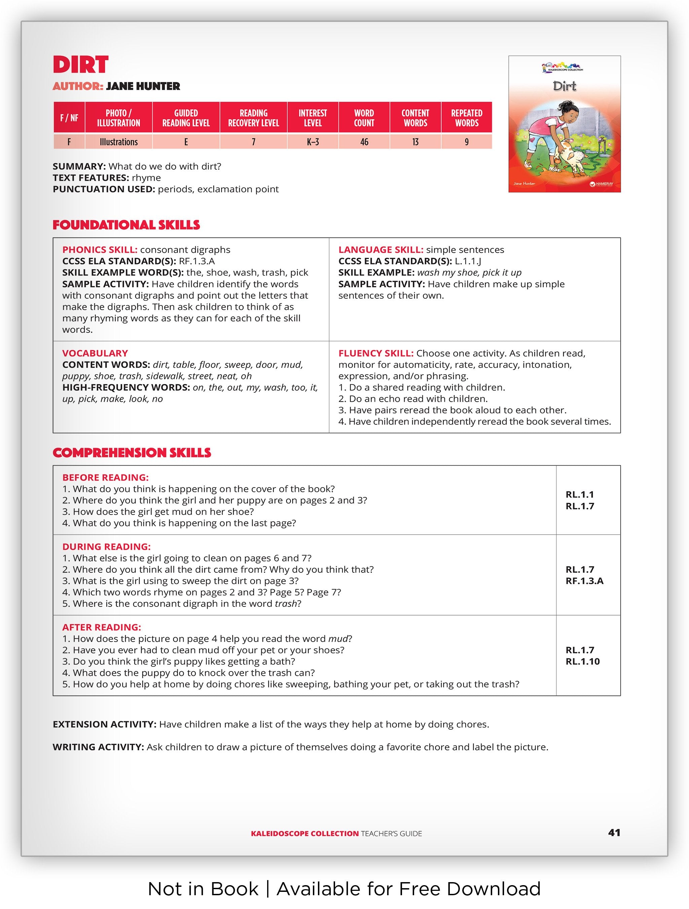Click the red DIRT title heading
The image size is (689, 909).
point(81,65)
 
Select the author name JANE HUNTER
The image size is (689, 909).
point(143,86)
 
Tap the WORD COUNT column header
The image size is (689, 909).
point(364,118)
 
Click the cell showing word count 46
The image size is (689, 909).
point(364,142)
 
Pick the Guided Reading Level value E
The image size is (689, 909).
point(186,142)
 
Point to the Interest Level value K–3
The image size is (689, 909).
point(313,142)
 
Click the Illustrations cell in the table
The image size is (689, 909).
point(118,142)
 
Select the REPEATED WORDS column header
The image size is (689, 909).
point(467,118)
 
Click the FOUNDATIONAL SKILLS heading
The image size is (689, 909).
point(126,225)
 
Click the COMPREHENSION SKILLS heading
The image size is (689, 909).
point(132,453)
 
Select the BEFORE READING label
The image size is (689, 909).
point(105,478)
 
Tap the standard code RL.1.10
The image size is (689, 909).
point(582,662)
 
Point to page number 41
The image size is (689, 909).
point(614,833)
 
